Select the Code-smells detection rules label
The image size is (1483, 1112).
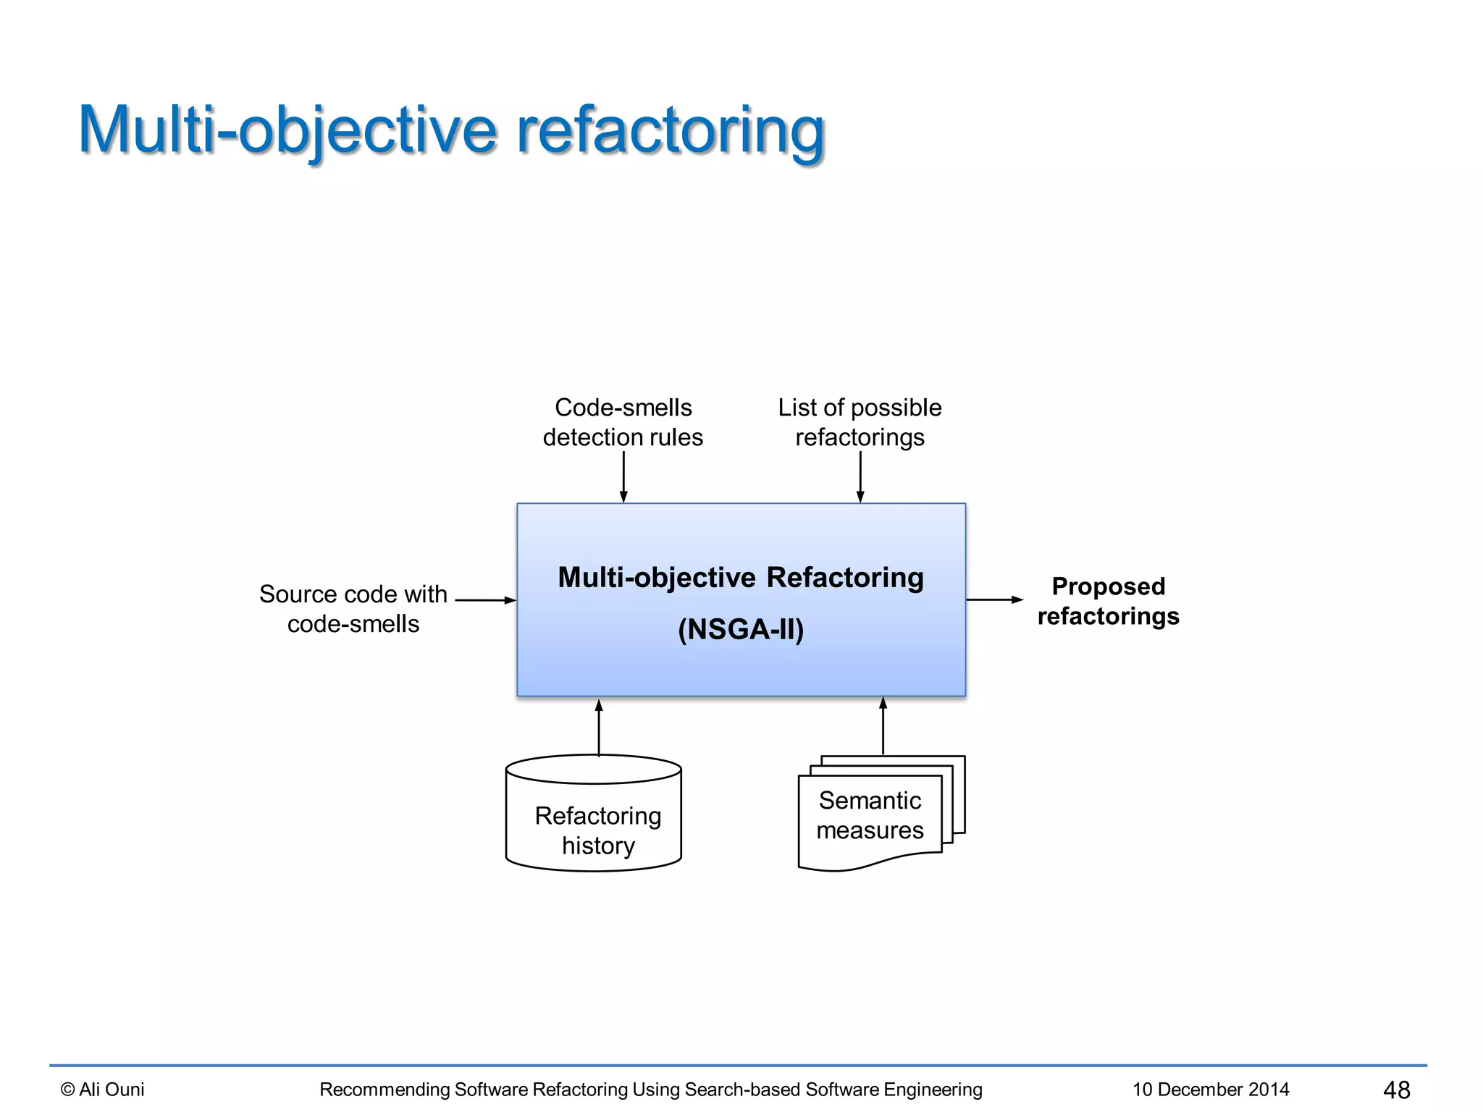pyautogui.click(x=623, y=422)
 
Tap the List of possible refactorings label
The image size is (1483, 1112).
pyautogui.click(x=860, y=422)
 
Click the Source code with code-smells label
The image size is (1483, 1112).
pyautogui.click(x=353, y=608)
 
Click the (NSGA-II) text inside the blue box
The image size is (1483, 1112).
pyautogui.click(x=741, y=628)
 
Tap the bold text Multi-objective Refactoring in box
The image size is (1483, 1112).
pyautogui.click(x=741, y=577)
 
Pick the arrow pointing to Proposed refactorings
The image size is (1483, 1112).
pyautogui.click(x=994, y=599)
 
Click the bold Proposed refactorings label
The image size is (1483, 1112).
pyautogui.click(x=1108, y=600)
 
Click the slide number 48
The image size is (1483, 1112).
pyautogui.click(x=1396, y=1090)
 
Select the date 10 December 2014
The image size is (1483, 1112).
pyautogui.click(x=1211, y=1089)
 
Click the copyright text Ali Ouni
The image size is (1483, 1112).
pyautogui.click(x=103, y=1089)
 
